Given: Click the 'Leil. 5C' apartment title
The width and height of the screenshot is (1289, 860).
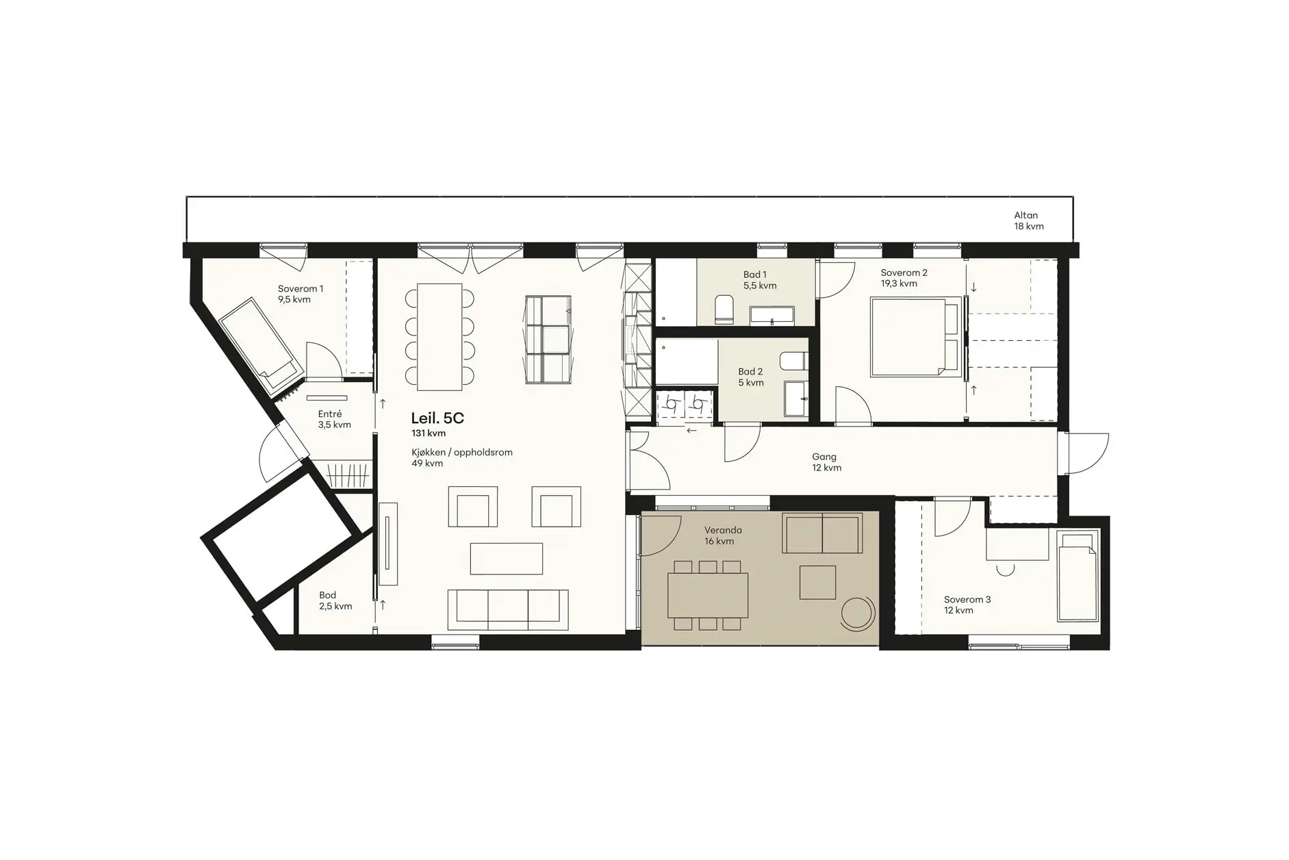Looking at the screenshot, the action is coord(437,418).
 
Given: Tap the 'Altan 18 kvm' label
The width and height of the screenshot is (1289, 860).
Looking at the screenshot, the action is coord(1029,220).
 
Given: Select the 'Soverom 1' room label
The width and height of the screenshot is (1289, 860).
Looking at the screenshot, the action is coord(301,289).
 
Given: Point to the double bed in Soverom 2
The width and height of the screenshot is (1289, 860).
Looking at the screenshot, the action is coord(914,336).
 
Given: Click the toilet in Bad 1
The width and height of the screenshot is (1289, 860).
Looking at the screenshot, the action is coord(724,309).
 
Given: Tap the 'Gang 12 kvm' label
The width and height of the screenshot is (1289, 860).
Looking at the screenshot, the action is coord(826,462).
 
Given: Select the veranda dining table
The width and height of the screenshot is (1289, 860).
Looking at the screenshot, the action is coord(708,595).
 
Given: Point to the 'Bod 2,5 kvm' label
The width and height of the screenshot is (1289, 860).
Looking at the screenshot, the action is coord(335,600).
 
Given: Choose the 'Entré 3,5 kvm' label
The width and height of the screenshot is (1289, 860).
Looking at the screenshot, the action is coord(334,419).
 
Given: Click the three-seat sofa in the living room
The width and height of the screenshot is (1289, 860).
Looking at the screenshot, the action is coord(508,609).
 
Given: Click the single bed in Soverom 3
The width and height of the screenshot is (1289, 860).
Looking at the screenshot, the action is coord(1078,576).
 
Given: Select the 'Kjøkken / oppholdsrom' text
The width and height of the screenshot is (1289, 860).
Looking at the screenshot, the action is coord(462,453).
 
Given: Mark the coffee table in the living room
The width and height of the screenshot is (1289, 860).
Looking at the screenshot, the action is coord(507,559).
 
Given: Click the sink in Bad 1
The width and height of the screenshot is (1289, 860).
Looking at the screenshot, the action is coord(773,316).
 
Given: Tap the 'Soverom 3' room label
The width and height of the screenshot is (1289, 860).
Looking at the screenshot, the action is coord(967,600).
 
